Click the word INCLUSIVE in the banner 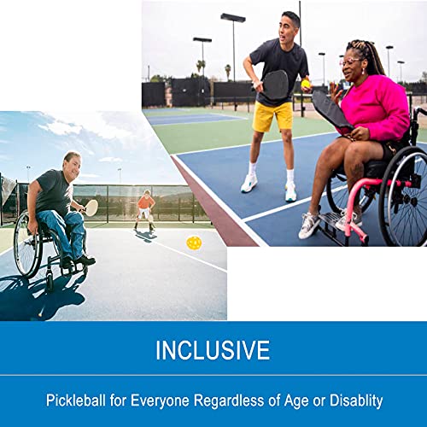pyautogui.click(x=213, y=350)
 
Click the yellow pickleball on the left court pyautogui.click(x=194, y=243)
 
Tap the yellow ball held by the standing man pyautogui.click(x=306, y=83)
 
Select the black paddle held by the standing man pyautogui.click(x=275, y=84)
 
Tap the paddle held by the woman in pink pyautogui.click(x=330, y=110)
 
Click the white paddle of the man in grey pyautogui.click(x=91, y=208)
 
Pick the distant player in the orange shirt pyautogui.click(x=146, y=204)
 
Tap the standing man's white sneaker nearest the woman pyautogui.click(x=290, y=191)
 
